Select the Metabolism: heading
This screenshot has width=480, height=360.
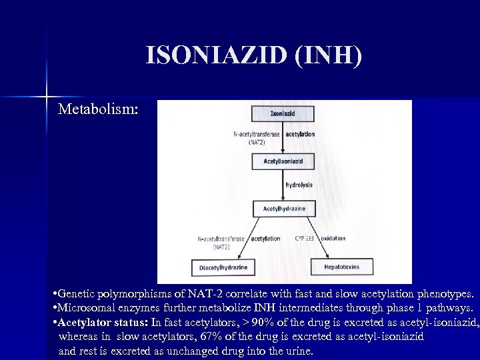coord(98,109)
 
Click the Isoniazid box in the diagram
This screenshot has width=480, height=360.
coord(283,113)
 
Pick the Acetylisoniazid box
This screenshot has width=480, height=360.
coord(283,161)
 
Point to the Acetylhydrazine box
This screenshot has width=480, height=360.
coord(284,209)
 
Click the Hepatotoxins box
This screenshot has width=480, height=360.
coord(341,267)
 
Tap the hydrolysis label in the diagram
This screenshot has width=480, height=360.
coord(299,184)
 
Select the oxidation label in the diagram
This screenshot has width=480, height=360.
coord(333,238)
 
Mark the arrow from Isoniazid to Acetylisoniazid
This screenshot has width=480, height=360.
coord(283,137)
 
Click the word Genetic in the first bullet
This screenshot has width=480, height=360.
coord(76,294)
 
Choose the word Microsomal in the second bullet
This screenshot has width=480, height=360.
coord(85,308)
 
